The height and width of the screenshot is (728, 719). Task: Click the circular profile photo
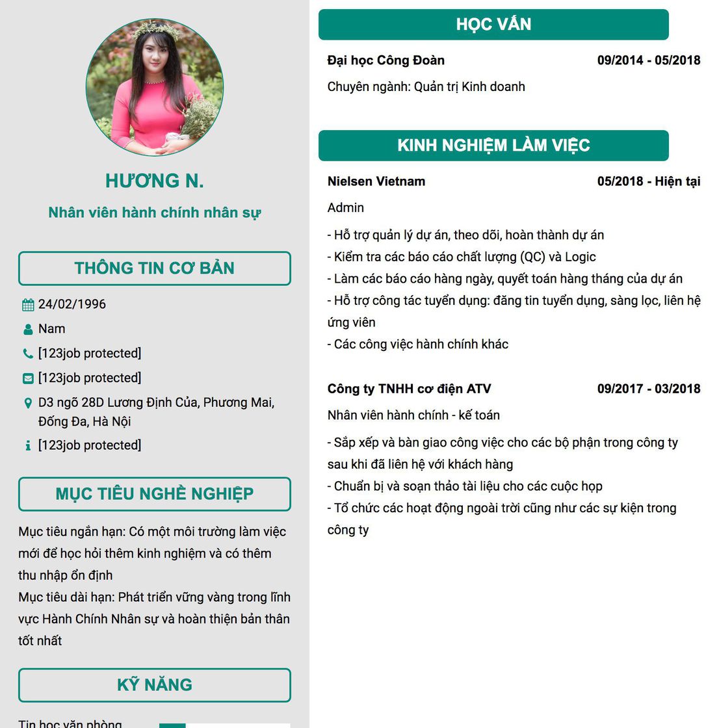tap(155, 87)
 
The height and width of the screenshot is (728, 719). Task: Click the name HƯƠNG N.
tap(155, 181)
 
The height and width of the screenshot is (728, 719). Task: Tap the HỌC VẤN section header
tap(493, 25)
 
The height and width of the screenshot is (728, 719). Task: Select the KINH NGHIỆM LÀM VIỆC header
tap(493, 146)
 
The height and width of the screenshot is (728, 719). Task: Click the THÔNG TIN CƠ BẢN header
tap(155, 268)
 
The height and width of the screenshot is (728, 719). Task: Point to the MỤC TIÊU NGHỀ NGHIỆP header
tap(155, 494)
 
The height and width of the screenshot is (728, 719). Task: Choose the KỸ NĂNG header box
tap(155, 685)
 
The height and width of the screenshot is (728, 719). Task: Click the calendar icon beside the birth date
tap(28, 305)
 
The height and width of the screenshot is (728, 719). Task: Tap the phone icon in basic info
tap(28, 354)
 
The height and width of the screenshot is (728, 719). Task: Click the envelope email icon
tap(28, 378)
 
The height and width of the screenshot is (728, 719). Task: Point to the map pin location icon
tap(28, 403)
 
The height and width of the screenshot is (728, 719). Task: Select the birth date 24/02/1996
tap(72, 304)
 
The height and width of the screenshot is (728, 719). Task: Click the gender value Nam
tap(52, 329)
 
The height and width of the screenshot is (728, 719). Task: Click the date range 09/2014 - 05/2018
tap(649, 60)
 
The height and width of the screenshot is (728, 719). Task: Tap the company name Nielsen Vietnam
tap(376, 181)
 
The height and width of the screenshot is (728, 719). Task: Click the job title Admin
tap(346, 208)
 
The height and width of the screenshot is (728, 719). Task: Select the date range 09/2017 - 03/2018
tap(649, 389)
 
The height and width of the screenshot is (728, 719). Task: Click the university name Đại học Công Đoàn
tap(386, 60)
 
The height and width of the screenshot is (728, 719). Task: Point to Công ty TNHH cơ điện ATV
tap(410, 389)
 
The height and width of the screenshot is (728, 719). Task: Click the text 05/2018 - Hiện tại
tap(649, 181)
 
